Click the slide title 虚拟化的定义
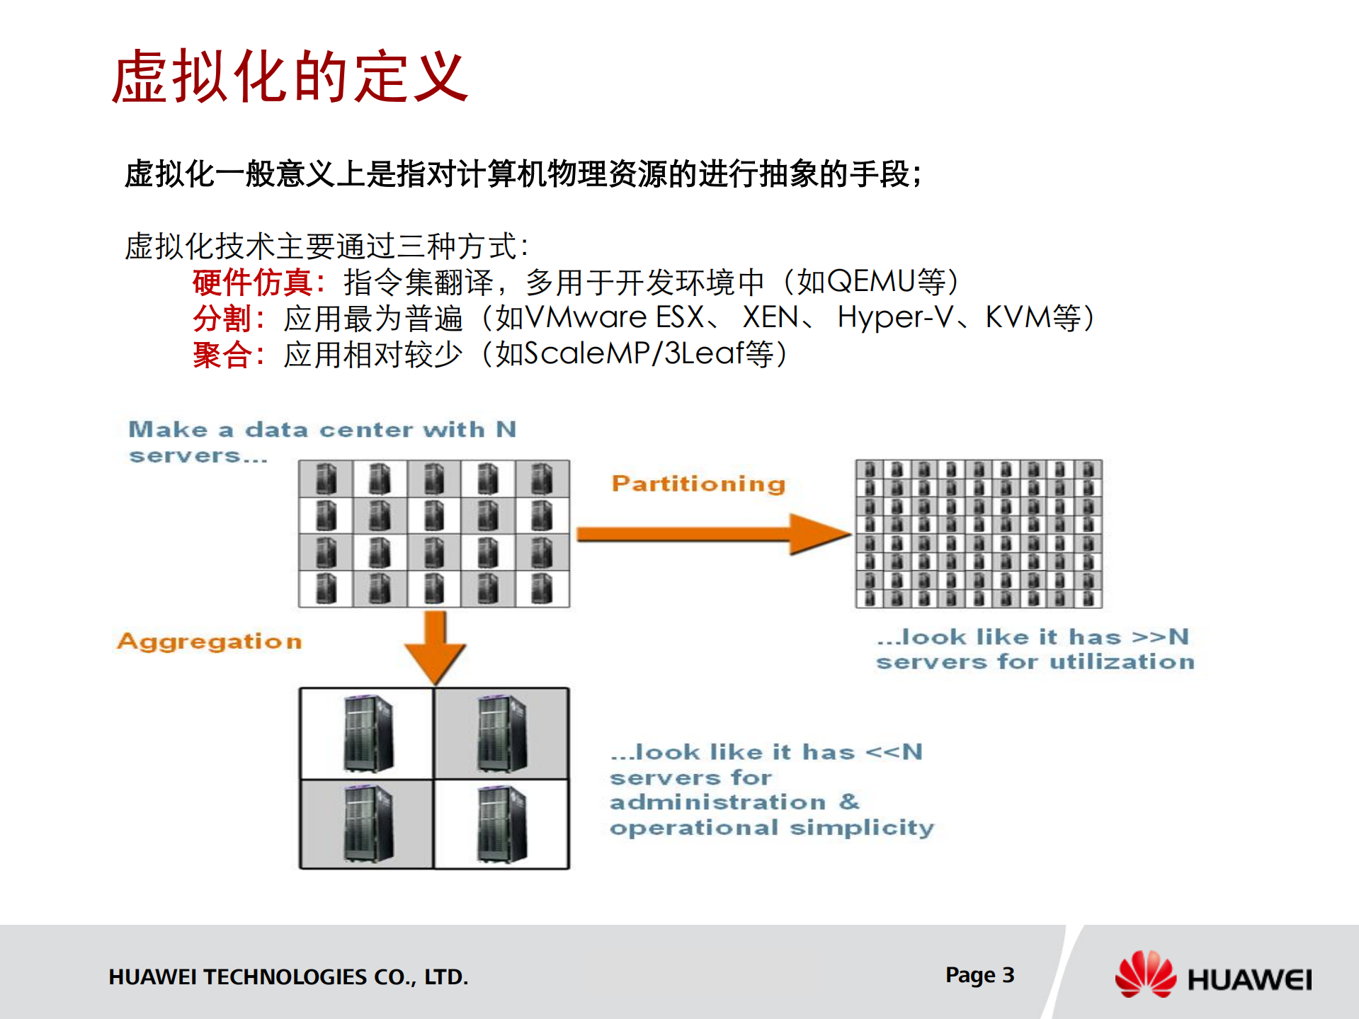tap(290, 76)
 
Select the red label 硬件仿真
tap(252, 283)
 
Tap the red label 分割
tap(222, 319)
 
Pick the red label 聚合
tap(222, 355)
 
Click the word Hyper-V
tap(895, 318)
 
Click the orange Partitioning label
tap(698, 484)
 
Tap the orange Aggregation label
tap(210, 641)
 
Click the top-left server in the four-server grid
tap(368, 734)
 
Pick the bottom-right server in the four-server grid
tap(501, 825)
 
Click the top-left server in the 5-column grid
tap(326, 479)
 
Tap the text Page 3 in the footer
tap(979, 975)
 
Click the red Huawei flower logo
tap(1144, 975)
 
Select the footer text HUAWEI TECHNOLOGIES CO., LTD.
tap(288, 977)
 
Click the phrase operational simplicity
tap(772, 828)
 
